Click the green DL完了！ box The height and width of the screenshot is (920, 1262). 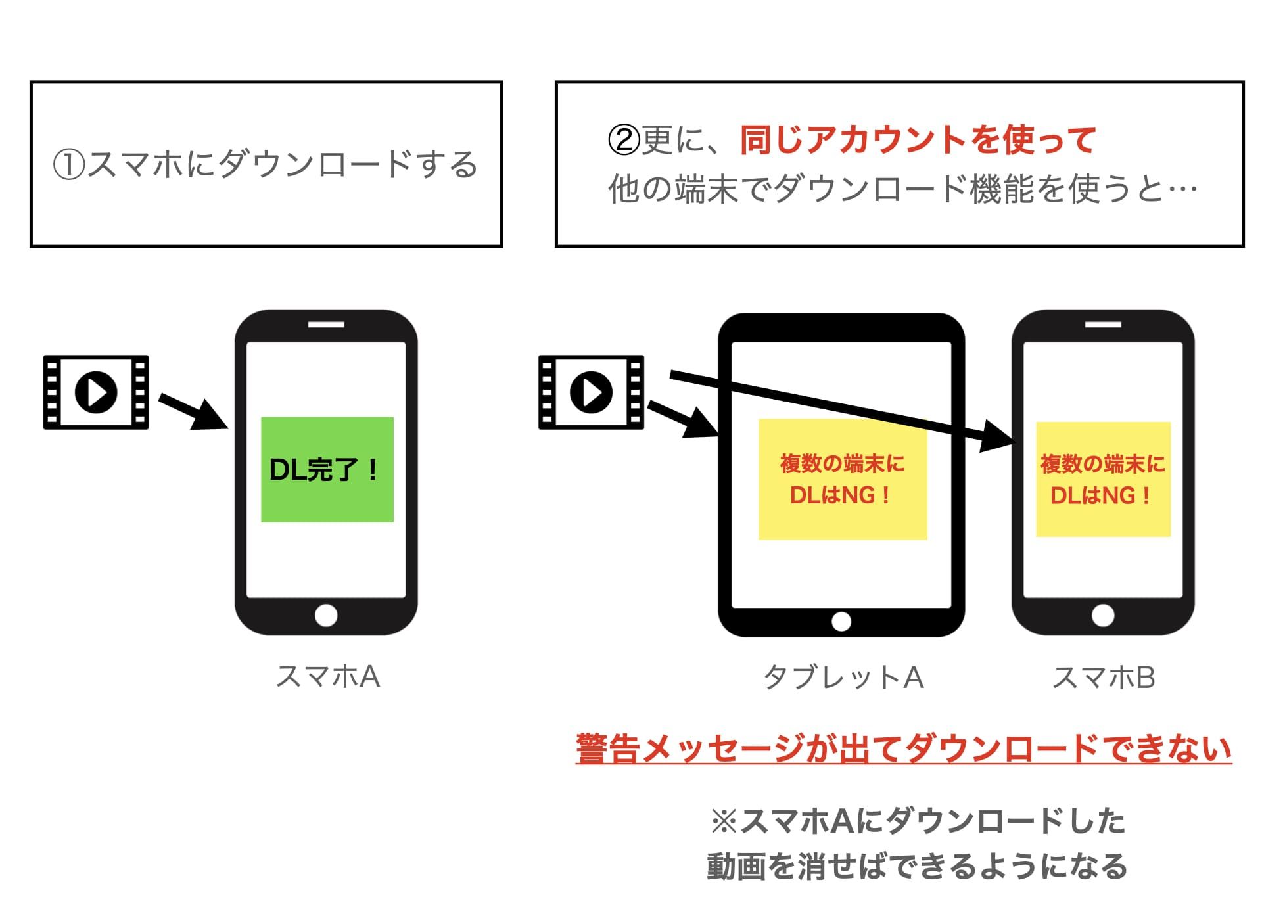[327, 469]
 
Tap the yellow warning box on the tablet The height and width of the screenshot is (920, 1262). [843, 479]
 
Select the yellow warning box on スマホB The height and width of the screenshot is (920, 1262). [1103, 479]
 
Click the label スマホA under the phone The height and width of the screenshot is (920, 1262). [327, 676]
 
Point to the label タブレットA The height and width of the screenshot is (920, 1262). [843, 678]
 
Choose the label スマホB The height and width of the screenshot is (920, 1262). [1104, 678]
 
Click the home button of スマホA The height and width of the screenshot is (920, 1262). [326, 616]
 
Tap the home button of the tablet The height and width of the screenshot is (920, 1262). [841, 621]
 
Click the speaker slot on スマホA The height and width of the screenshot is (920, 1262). [326, 325]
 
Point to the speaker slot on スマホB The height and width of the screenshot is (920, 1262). [1103, 325]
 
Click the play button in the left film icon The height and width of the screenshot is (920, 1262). [96, 392]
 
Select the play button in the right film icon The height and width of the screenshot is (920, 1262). [591, 392]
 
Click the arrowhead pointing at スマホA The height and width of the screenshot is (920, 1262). [210, 415]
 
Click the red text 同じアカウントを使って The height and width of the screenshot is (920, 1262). [918, 140]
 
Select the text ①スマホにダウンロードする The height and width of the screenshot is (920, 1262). [265, 164]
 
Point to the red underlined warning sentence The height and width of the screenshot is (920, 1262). [904, 749]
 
